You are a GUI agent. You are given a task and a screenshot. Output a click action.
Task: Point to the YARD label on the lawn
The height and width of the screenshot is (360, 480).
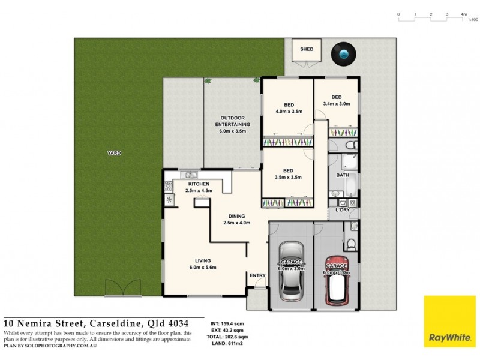tap(114, 154)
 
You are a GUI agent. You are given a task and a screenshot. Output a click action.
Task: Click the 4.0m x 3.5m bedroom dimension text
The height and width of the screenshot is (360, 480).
tap(288, 112)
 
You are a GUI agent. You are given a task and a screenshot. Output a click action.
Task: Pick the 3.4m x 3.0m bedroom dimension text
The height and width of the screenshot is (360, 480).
tap(337, 104)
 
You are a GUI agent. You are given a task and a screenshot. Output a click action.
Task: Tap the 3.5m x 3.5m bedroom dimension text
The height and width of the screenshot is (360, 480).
tap(288, 178)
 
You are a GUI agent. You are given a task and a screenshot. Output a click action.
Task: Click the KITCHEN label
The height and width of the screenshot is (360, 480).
tap(198, 184)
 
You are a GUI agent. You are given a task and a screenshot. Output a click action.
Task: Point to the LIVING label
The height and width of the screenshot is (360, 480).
tap(203, 260)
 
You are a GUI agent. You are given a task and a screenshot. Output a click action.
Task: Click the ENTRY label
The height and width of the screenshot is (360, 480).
tap(257, 275)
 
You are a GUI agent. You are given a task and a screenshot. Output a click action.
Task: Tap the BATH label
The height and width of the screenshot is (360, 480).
tap(343, 175)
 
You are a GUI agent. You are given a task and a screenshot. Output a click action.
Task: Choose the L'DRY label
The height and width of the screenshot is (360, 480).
tap(343, 211)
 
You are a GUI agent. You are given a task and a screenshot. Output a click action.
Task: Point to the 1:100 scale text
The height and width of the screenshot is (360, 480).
tap(473, 20)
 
